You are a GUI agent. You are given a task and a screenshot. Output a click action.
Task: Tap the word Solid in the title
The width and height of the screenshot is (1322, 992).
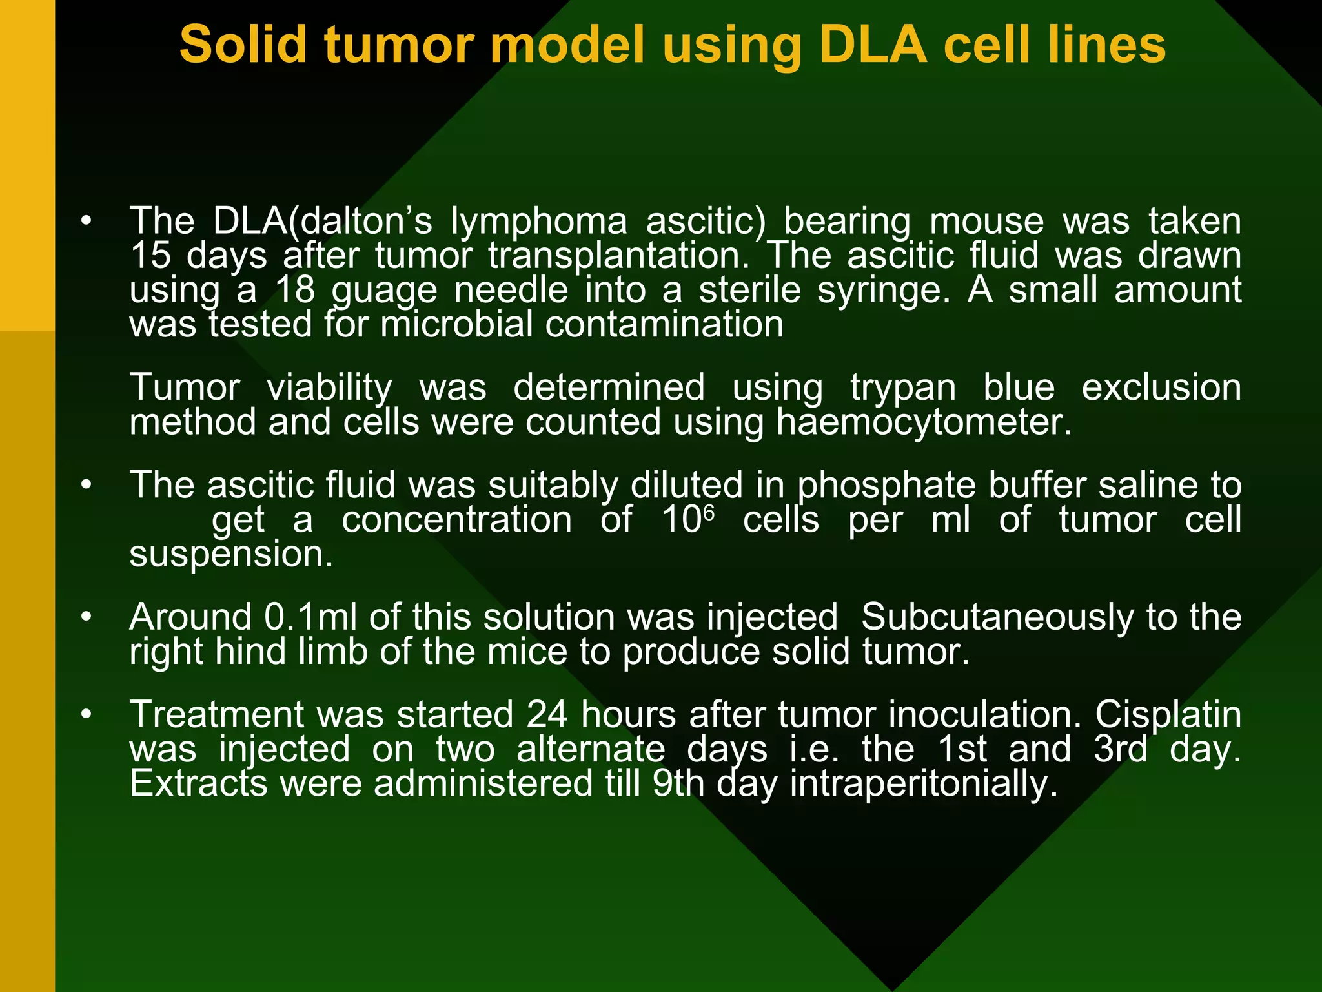tap(243, 45)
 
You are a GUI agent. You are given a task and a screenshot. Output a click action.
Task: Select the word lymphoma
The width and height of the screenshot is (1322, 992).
tap(538, 222)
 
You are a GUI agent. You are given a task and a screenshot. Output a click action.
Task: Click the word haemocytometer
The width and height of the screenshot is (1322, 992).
tap(924, 423)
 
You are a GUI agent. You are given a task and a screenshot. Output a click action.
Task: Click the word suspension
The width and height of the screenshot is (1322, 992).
tap(231, 555)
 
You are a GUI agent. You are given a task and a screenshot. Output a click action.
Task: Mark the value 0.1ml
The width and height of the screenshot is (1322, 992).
tap(310, 617)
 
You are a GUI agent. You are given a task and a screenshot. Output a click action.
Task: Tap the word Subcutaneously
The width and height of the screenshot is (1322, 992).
tap(997, 618)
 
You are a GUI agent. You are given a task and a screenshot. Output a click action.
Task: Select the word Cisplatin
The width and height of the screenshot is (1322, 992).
tap(1168, 715)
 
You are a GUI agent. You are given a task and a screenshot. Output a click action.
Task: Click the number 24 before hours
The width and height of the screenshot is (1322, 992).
tap(547, 715)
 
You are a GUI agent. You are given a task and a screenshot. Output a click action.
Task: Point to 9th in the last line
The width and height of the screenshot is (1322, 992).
tap(678, 784)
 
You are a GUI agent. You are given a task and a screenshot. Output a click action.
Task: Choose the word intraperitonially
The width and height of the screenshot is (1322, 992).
tap(924, 784)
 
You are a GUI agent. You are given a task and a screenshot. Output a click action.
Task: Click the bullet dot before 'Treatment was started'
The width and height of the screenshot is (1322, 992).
tap(86, 715)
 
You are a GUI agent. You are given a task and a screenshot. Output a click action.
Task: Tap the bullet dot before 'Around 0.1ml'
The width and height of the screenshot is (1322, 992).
tap(86, 617)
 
